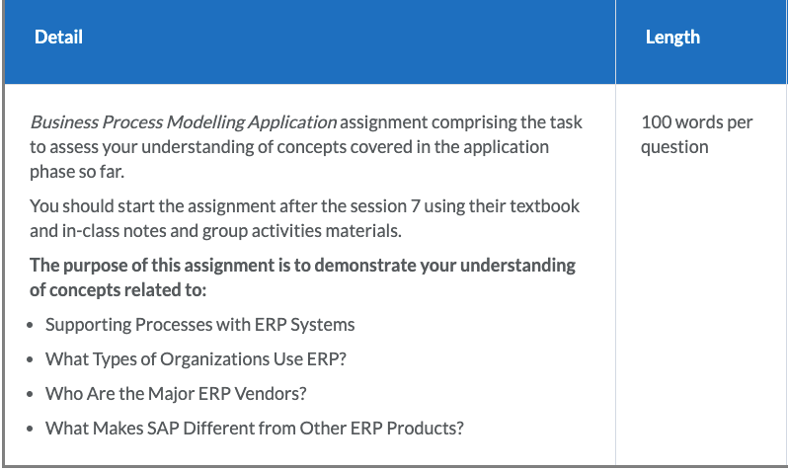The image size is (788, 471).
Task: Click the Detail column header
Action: [58, 38]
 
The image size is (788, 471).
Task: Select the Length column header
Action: [672, 38]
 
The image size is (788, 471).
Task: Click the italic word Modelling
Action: [205, 122]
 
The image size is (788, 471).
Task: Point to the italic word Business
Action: [64, 122]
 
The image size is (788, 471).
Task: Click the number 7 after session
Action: [415, 206]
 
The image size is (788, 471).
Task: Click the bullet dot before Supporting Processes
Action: [31, 325]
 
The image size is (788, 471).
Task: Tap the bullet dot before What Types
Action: [31, 359]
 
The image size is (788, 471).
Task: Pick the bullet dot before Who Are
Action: [31, 395]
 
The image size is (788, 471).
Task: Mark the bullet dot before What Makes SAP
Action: [31, 429]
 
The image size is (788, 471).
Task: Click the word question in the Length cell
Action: [674, 147]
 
